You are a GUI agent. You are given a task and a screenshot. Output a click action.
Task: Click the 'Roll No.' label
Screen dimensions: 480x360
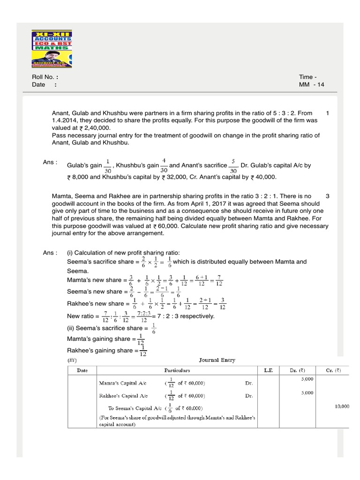[44, 77]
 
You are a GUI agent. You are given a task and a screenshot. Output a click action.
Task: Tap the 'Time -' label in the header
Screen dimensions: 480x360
[308, 77]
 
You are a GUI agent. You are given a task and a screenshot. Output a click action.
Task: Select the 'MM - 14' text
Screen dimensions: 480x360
[311, 85]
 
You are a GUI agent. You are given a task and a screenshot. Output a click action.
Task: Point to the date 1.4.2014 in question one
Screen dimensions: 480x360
[68, 120]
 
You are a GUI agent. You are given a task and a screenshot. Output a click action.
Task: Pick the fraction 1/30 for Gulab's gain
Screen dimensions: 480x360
[107, 165]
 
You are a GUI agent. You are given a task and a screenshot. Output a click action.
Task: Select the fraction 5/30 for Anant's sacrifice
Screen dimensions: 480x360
[233, 165]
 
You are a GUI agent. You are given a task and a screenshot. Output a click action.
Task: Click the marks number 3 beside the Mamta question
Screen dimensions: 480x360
[327, 196]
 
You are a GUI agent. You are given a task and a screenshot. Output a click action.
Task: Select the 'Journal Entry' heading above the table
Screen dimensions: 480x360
[217, 360]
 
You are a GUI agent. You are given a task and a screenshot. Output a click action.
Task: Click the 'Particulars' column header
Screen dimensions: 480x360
[177, 370]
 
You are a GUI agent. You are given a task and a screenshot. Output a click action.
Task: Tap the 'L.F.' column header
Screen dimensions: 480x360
[268, 370]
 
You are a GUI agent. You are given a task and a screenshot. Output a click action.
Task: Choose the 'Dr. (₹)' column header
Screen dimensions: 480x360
[296, 370]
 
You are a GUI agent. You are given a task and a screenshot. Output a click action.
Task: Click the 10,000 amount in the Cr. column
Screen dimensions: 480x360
[342, 406]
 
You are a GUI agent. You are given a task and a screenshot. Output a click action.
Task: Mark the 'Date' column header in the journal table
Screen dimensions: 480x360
[82, 370]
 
